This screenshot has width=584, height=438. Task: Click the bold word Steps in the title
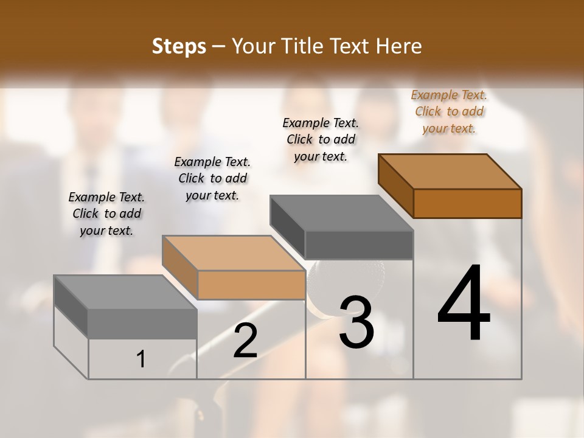click(x=179, y=46)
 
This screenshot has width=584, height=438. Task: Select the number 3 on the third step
click(x=356, y=322)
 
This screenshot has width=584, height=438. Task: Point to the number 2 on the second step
click(x=245, y=341)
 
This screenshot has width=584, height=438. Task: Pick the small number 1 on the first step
click(x=141, y=360)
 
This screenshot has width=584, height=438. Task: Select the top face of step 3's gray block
click(x=341, y=213)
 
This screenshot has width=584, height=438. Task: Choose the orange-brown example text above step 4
click(x=449, y=111)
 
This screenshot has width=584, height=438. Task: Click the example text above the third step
click(x=321, y=139)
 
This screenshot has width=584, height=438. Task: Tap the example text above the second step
click(x=212, y=178)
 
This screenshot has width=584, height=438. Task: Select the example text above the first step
click(x=106, y=214)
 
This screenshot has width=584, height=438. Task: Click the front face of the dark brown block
click(x=467, y=203)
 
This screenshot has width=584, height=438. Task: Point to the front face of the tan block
click(x=251, y=285)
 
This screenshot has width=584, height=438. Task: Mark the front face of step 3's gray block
click(x=359, y=245)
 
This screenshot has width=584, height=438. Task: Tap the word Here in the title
click(x=400, y=46)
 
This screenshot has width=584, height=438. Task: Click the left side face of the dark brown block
click(x=395, y=185)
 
